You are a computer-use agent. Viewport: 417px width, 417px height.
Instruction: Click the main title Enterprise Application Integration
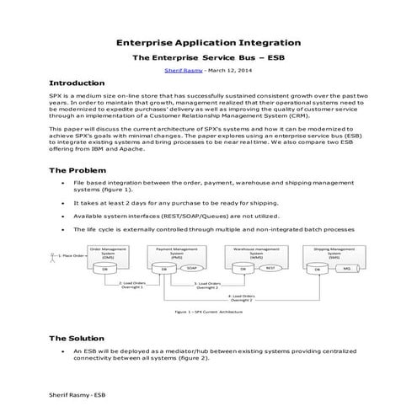coord(208,42)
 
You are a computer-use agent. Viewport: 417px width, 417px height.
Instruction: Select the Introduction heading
coord(83,83)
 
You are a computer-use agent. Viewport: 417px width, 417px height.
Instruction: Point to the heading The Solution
coord(83,337)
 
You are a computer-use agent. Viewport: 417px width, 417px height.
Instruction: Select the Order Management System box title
coord(108,252)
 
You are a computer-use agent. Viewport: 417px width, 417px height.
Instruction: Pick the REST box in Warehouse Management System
coord(270,269)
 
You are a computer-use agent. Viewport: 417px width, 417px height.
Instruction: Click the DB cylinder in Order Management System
coord(106,269)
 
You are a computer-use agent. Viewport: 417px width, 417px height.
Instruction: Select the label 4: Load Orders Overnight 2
coord(243,297)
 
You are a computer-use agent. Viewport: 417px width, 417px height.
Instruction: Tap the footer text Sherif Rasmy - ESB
coord(78,393)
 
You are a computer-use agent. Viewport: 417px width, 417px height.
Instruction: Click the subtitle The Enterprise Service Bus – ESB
coord(208,56)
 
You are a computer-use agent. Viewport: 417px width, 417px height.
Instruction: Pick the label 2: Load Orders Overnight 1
coord(131,285)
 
